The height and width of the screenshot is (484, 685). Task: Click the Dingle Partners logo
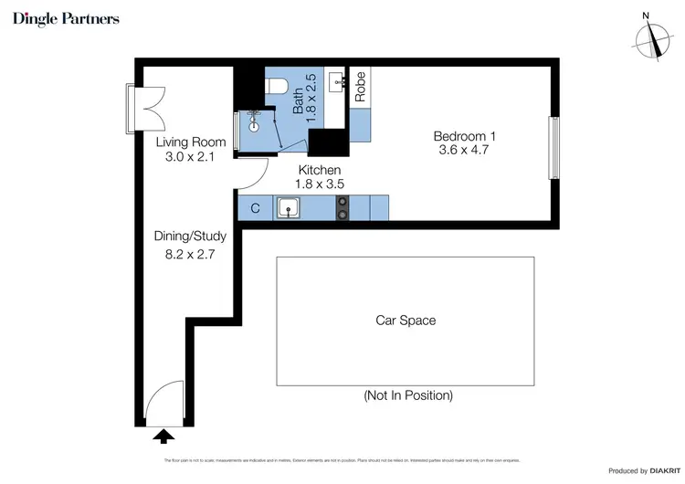coord(66,19)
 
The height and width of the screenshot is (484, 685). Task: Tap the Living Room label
coord(190,142)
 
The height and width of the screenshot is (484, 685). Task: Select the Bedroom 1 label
coord(464,136)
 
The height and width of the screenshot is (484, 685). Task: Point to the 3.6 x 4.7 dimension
coord(464,151)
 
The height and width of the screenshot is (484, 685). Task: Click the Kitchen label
coord(320,170)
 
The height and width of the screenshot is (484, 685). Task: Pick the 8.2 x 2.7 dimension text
coord(189,255)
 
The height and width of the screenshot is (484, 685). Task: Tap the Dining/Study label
coord(189,236)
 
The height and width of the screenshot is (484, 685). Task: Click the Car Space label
coord(406,321)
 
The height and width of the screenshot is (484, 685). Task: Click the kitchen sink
coord(290,208)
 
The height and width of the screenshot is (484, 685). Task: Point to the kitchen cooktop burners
coord(343,208)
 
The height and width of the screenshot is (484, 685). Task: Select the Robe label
coord(361,86)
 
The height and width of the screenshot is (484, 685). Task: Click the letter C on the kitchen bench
coord(255,208)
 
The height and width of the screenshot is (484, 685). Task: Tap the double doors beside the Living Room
coord(146,106)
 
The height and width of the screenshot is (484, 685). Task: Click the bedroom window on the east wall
coord(552,147)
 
